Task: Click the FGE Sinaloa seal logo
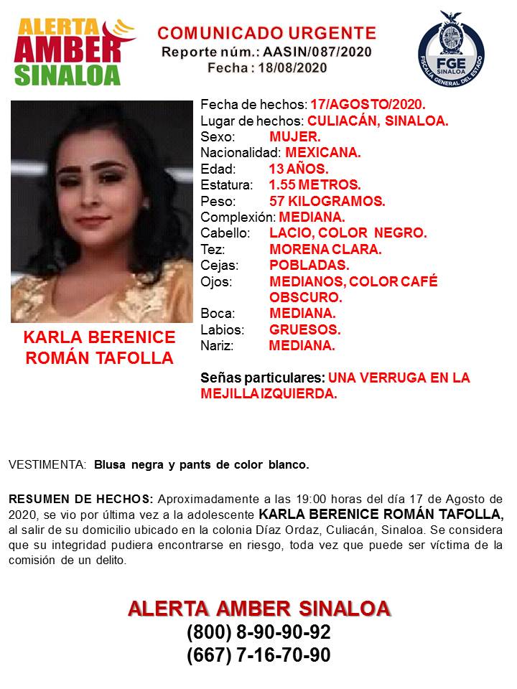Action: (451, 47)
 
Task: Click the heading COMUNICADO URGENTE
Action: (266, 33)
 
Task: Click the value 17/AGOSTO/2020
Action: (368, 105)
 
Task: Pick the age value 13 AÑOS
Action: (299, 169)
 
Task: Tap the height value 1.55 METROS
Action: (315, 185)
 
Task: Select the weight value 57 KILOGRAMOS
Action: (327, 201)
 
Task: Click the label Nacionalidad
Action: (240, 153)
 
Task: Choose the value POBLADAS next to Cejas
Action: (309, 265)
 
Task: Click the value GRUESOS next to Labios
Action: (304, 330)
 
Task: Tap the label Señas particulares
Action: (263, 378)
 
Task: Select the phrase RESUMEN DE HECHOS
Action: (80, 499)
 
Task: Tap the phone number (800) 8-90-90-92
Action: (258, 633)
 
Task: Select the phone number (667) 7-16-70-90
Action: (258, 655)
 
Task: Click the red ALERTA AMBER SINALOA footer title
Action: (258, 609)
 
